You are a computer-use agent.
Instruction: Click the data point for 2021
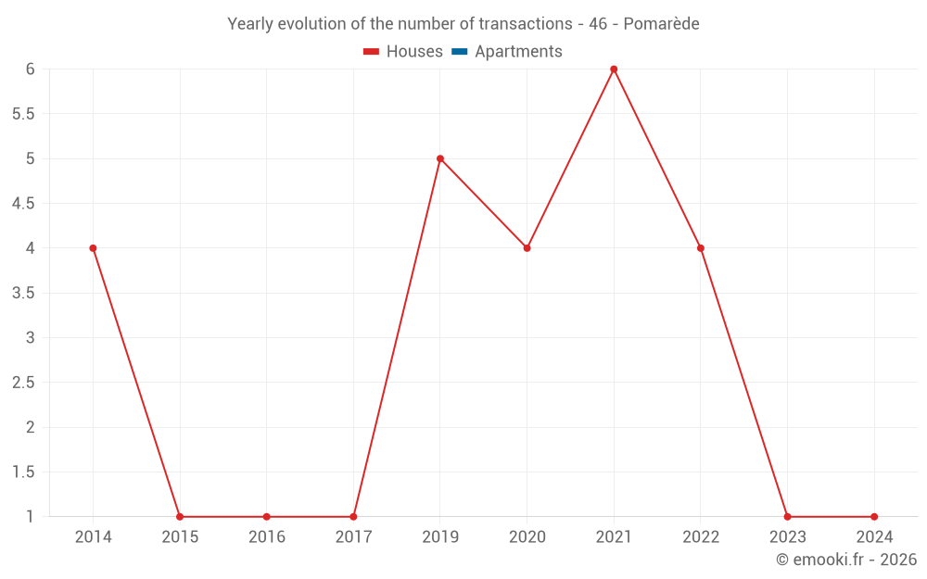click(x=614, y=69)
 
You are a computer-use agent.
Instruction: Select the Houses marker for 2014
click(x=93, y=248)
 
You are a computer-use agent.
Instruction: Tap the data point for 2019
click(x=440, y=158)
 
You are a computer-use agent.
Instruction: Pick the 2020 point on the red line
click(x=527, y=248)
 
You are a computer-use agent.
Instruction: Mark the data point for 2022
click(x=701, y=248)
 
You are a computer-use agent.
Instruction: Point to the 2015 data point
click(x=180, y=517)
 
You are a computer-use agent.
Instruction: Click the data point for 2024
click(x=874, y=517)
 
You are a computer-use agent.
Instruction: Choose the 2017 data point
click(x=353, y=517)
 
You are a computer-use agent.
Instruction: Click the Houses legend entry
click(x=403, y=52)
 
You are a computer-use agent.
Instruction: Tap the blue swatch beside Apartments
click(x=460, y=52)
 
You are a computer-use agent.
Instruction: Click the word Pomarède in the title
click(x=661, y=24)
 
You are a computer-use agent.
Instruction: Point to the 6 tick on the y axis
click(x=31, y=69)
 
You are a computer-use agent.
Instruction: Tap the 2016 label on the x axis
click(x=266, y=537)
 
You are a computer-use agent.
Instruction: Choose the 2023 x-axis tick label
click(x=787, y=537)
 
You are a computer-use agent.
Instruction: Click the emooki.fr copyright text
click(x=846, y=560)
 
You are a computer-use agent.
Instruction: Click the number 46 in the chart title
click(x=598, y=24)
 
